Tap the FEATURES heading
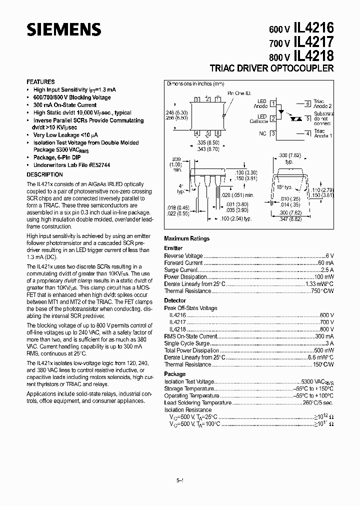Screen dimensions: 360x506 (x=40, y=82)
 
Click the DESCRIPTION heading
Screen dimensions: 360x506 (x=44, y=175)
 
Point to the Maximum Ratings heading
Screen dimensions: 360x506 (x=186, y=239)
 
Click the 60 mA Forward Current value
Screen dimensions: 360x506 (x=326, y=262)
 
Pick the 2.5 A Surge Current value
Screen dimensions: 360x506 (x=327, y=269)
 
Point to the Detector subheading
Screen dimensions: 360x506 (x=175, y=301)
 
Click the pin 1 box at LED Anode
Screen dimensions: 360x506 (x=273, y=104)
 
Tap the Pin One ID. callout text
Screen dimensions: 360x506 (x=238, y=93)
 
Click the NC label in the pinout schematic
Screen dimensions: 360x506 (x=262, y=133)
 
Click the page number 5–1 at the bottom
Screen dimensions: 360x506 (x=180, y=480)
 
